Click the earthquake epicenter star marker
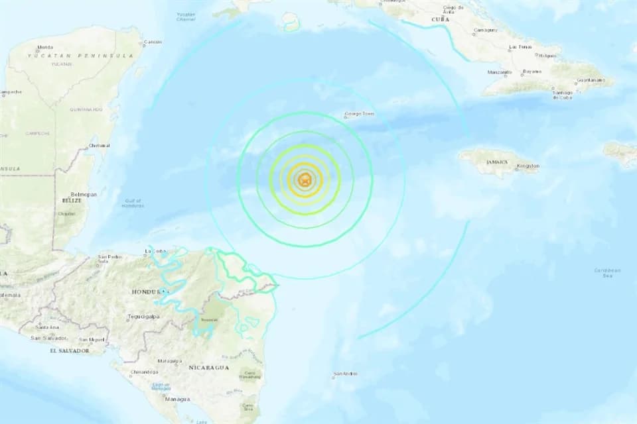(305, 179)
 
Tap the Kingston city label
(528, 166)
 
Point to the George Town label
(359, 114)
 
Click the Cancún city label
(153, 42)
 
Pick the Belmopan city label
(84, 194)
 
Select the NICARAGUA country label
(209, 367)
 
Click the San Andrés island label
(345, 374)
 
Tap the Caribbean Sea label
(607, 272)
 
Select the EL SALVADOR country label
(68, 350)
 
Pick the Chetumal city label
(100, 145)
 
